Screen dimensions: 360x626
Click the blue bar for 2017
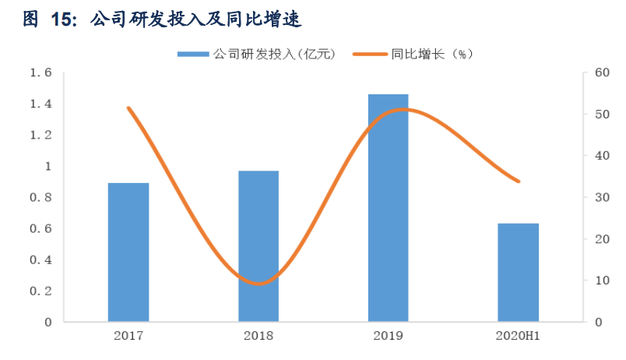128,252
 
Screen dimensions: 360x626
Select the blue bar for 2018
258,245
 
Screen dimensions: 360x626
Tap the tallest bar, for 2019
388,207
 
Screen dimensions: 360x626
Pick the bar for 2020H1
518,272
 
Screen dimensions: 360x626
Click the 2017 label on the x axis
128,336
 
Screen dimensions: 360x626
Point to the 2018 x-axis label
258,336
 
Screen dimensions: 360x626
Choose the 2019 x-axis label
388,336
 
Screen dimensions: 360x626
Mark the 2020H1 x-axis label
517,336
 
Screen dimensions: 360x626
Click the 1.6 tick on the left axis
40,73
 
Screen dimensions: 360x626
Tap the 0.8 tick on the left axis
40,198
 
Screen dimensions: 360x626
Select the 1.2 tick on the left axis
40,136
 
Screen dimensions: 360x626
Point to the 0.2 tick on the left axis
40,291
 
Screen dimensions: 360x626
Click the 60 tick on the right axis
600,73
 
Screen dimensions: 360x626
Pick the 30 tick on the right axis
600,198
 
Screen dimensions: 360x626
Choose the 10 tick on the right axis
600,281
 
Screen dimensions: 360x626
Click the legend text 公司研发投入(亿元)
273,54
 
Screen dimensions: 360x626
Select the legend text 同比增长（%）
431,54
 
